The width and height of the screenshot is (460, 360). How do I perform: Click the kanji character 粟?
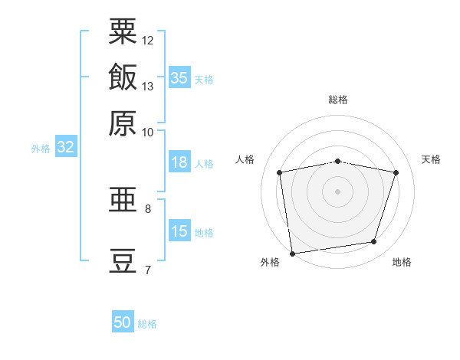coord(123,31)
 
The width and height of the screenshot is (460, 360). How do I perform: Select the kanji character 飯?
coord(123,77)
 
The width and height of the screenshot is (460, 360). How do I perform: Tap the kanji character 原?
coord(123,123)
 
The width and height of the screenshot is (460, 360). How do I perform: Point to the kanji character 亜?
coord(123,199)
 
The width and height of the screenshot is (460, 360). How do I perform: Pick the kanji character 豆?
coord(123,261)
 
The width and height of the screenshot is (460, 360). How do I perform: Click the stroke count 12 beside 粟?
coord(147,41)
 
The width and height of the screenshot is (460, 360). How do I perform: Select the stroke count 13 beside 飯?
coord(147,87)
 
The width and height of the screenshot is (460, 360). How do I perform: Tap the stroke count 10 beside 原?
coord(147,133)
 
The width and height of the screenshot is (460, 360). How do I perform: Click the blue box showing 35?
coord(179,77)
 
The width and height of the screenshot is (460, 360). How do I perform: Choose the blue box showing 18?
coord(179,162)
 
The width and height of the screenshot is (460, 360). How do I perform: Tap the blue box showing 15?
coord(179,230)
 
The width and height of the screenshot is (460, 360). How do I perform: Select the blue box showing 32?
coord(66,146)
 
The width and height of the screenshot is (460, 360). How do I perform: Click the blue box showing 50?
coord(123,321)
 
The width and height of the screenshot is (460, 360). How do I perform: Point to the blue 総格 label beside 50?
coord(147,324)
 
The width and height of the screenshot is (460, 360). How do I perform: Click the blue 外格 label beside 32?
coord(41,149)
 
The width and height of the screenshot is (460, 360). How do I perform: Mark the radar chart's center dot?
coord(337,191)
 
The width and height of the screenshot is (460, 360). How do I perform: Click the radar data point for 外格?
coord(292,254)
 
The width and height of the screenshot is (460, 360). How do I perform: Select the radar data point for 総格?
coord(337,162)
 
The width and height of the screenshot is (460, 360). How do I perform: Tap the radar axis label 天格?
coord(431,159)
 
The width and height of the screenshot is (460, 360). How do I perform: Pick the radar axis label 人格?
coord(245,159)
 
